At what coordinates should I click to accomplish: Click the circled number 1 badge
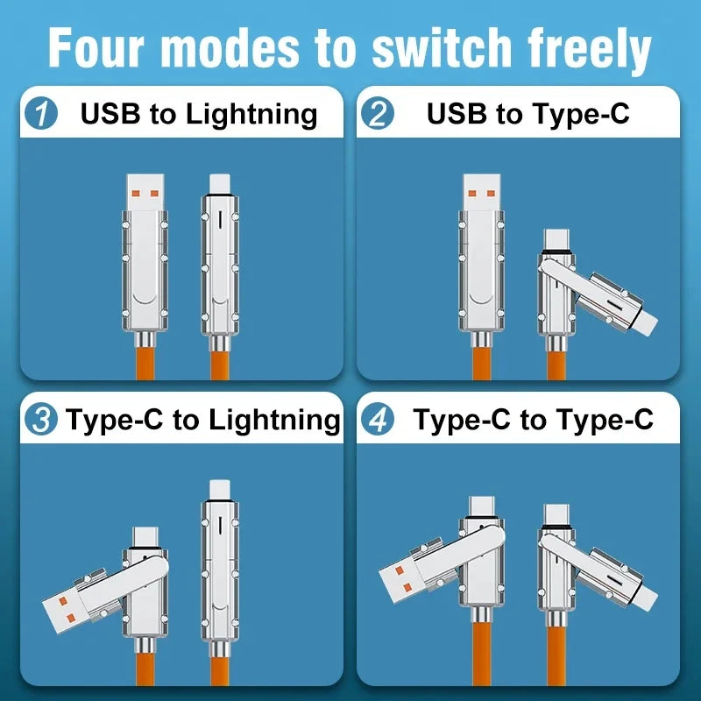tap(42, 114)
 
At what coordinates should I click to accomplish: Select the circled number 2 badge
tap(379, 114)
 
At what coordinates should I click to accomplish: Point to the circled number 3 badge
tap(41, 420)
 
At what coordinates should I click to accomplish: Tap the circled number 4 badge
tap(379, 420)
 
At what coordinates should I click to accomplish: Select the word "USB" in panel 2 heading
tap(457, 114)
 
